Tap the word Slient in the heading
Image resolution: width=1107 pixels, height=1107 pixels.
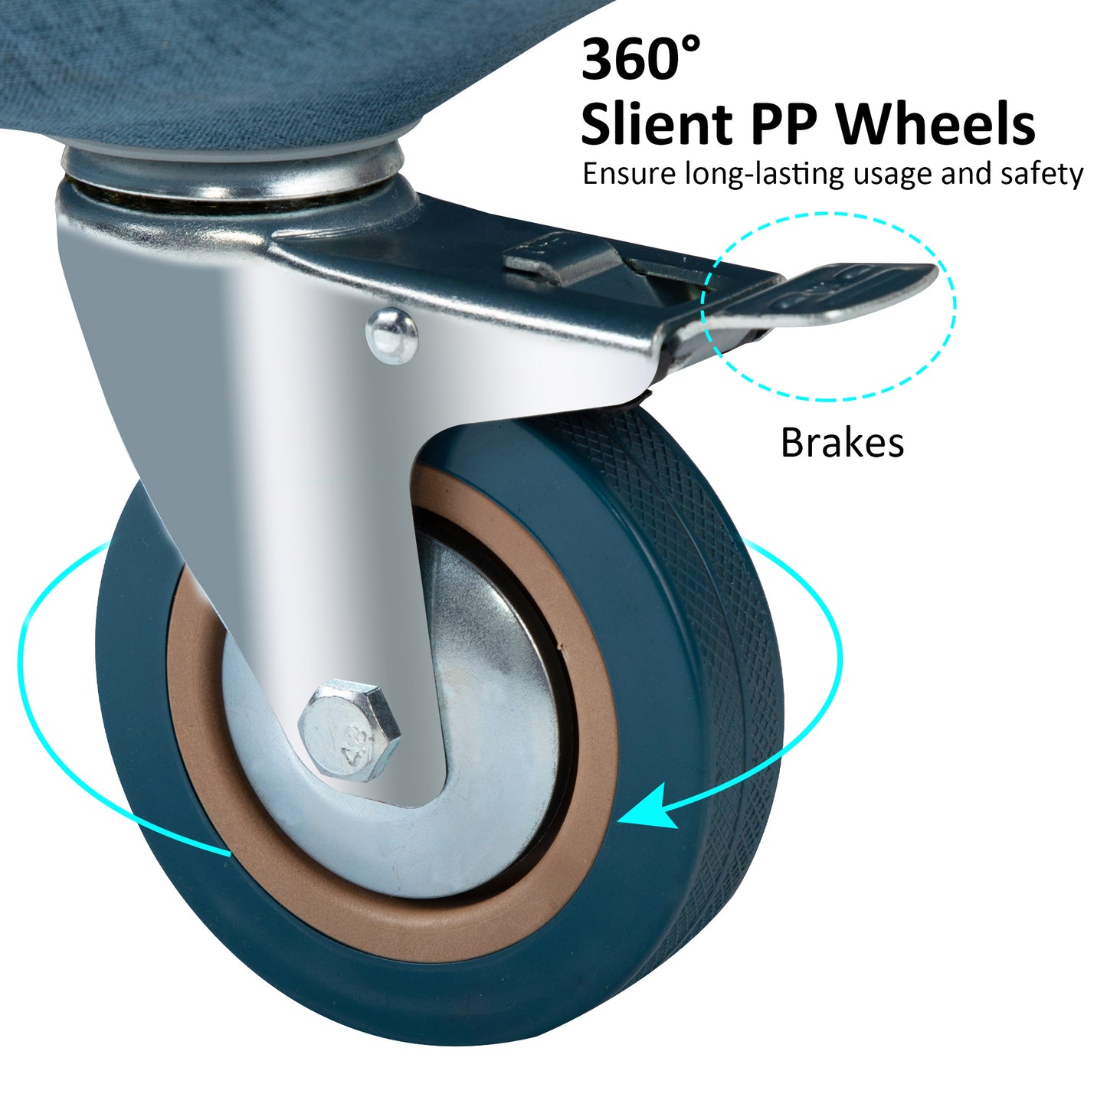(656, 124)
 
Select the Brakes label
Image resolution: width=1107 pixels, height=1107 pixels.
(842, 443)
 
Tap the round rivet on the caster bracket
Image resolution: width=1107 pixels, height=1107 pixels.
(391, 335)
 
